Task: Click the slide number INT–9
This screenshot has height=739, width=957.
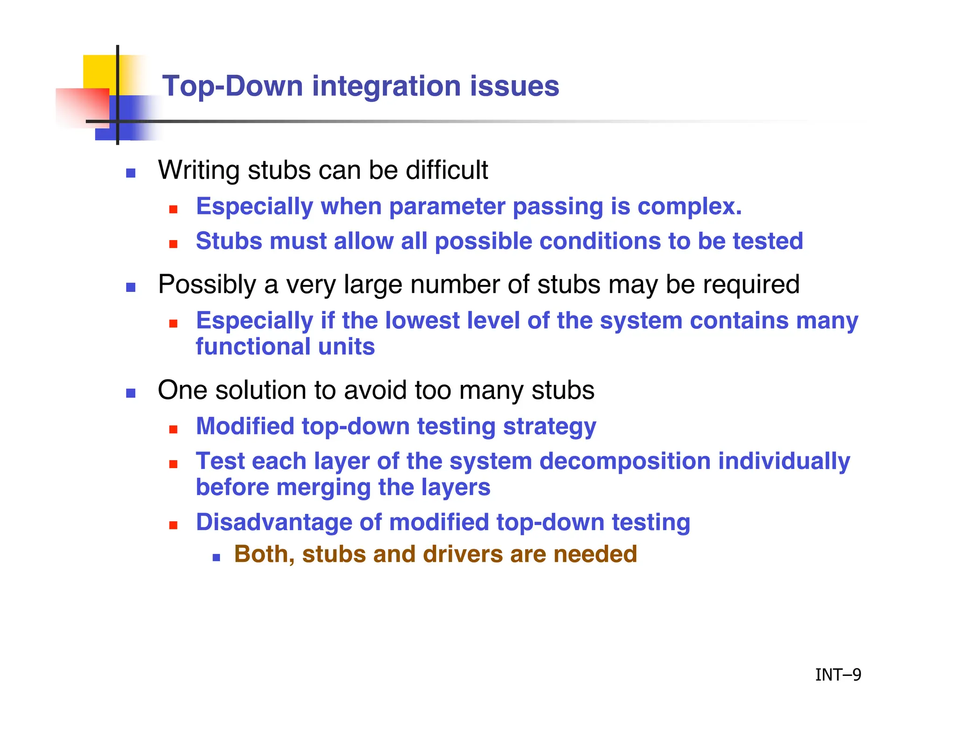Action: click(x=838, y=675)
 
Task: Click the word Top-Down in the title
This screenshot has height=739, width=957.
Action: click(x=232, y=86)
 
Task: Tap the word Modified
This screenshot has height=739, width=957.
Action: click(x=245, y=426)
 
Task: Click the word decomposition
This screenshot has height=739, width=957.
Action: click(x=625, y=461)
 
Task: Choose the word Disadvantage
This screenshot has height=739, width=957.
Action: click(x=273, y=522)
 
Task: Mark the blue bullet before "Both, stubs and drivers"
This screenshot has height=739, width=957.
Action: click(x=216, y=557)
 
